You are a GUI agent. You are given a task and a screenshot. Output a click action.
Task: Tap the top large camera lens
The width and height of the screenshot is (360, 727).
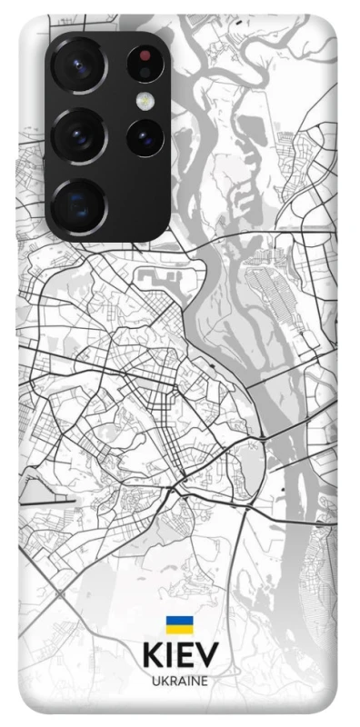pos(79,66)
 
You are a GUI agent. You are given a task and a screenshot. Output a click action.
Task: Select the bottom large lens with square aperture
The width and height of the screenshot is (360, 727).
pos(79,204)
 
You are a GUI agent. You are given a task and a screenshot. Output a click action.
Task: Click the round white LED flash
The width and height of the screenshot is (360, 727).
pos(144,100)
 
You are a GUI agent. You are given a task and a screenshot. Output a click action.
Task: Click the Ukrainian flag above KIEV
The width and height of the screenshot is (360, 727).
pos(179,626)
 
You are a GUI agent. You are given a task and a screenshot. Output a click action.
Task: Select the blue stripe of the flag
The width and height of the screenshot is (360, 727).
pos(179,622)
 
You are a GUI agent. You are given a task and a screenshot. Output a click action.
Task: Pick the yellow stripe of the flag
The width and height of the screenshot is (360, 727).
pos(179,630)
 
